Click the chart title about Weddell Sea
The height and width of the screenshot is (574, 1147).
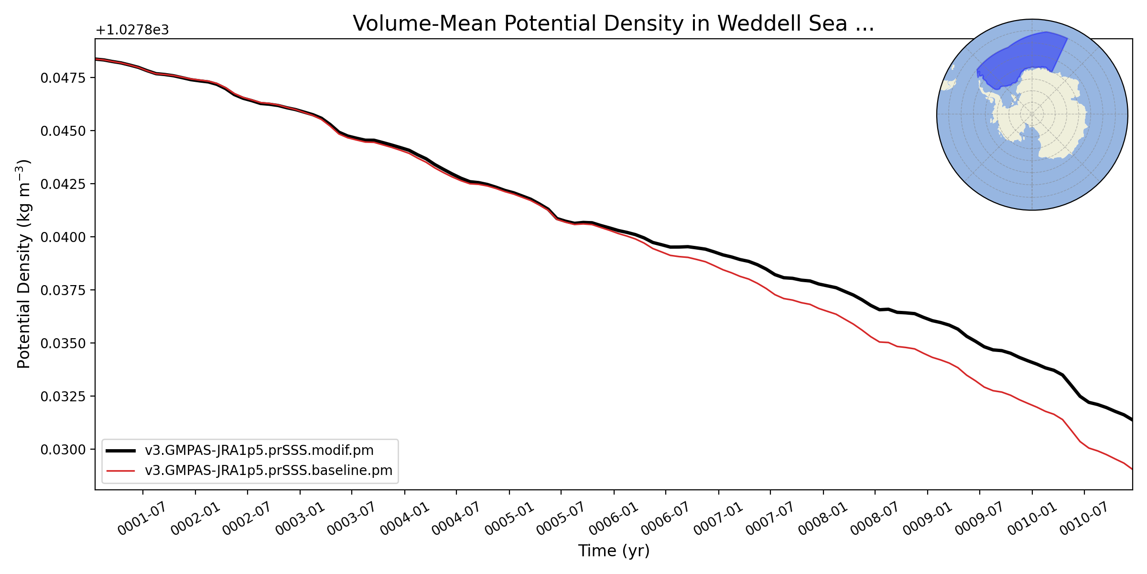click(x=613, y=23)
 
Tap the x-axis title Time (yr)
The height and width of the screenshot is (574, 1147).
click(x=614, y=551)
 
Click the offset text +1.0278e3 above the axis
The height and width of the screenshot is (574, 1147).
click(x=132, y=31)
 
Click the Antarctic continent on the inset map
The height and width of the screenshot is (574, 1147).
click(x=1047, y=115)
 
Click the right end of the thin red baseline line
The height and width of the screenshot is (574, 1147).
click(x=1132, y=469)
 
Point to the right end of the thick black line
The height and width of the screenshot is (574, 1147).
click(x=1132, y=420)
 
